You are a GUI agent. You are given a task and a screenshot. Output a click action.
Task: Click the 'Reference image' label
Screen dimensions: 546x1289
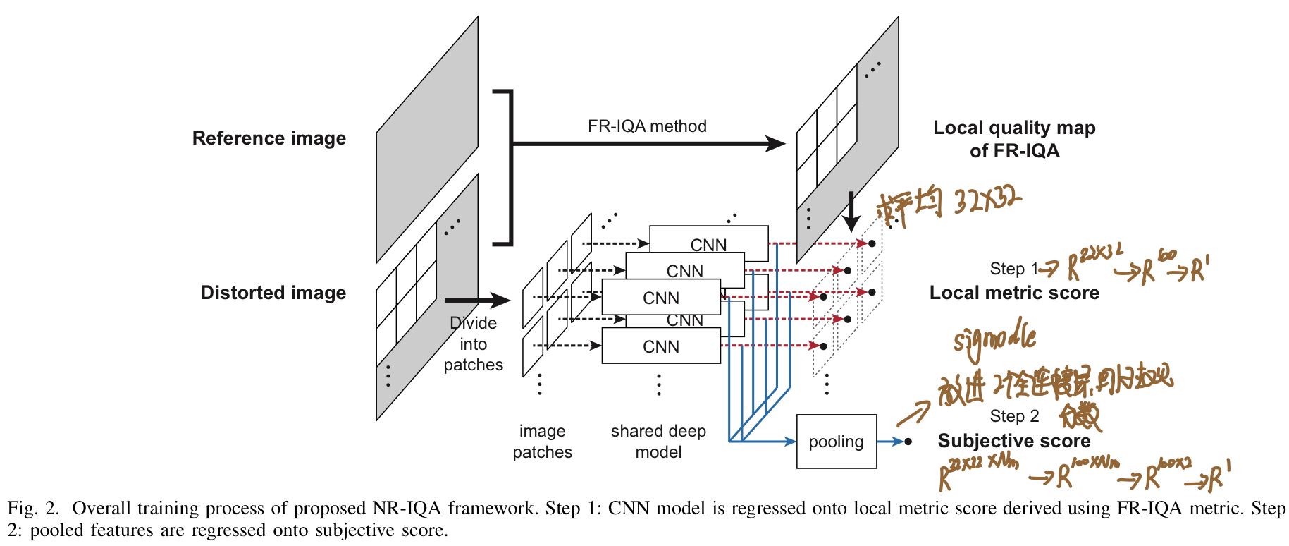point(269,138)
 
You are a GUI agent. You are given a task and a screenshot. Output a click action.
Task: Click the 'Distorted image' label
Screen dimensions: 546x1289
point(273,293)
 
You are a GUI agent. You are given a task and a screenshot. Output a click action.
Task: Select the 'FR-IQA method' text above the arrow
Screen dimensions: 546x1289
point(646,126)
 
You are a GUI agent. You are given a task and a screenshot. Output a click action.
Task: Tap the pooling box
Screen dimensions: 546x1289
point(836,442)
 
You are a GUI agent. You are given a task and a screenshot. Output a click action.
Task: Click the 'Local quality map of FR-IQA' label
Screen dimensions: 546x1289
point(1013,139)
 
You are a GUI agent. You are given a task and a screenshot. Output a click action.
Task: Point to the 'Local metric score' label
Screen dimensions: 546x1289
point(1013,293)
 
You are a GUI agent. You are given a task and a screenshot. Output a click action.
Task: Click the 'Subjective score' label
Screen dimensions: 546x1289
point(1013,441)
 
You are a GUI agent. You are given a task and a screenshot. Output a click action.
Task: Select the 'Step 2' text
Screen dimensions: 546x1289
point(1013,416)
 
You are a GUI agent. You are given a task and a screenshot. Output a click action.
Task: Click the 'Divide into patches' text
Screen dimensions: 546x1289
point(473,344)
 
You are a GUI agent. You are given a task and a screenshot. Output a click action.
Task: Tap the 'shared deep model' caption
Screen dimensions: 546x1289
point(658,442)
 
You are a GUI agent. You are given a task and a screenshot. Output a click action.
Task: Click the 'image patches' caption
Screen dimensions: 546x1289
point(542,442)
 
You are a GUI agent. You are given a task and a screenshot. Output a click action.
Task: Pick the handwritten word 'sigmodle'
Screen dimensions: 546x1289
point(994,340)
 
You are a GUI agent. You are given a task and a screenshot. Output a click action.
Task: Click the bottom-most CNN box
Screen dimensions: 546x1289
point(660,346)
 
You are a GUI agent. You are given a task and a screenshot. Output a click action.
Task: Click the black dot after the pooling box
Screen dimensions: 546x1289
point(908,442)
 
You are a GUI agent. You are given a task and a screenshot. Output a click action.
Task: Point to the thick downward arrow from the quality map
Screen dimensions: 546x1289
point(851,212)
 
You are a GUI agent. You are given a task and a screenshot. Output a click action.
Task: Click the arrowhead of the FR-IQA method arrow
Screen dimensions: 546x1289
point(775,144)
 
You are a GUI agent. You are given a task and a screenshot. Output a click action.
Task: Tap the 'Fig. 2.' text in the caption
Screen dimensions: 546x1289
point(32,509)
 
